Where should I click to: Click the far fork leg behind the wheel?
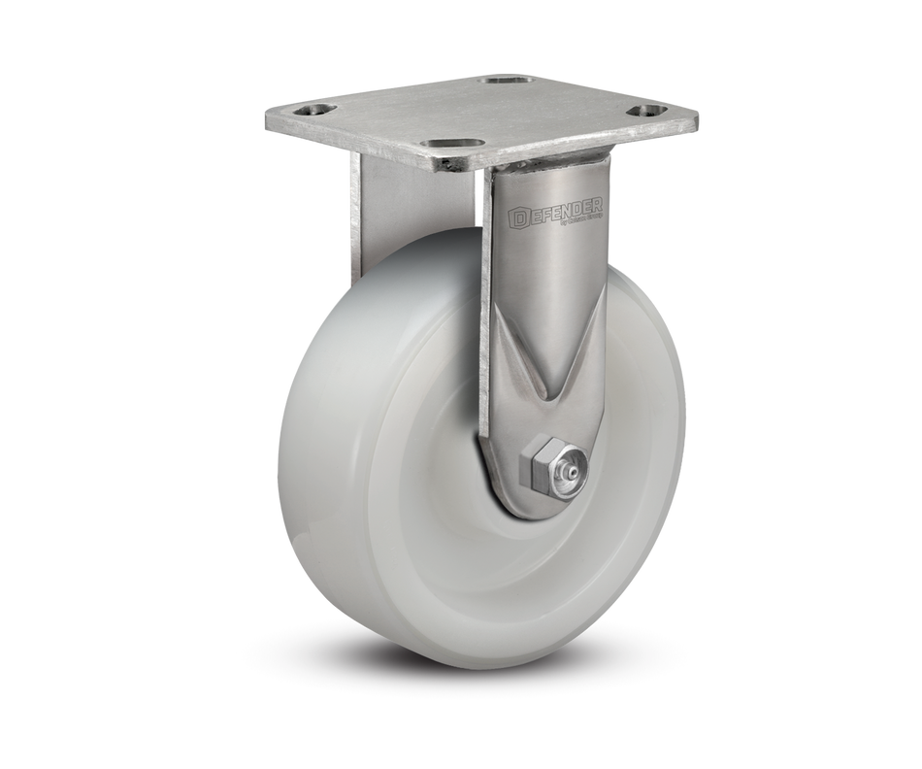(x=364, y=223)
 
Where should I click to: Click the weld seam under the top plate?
(x=543, y=167)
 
